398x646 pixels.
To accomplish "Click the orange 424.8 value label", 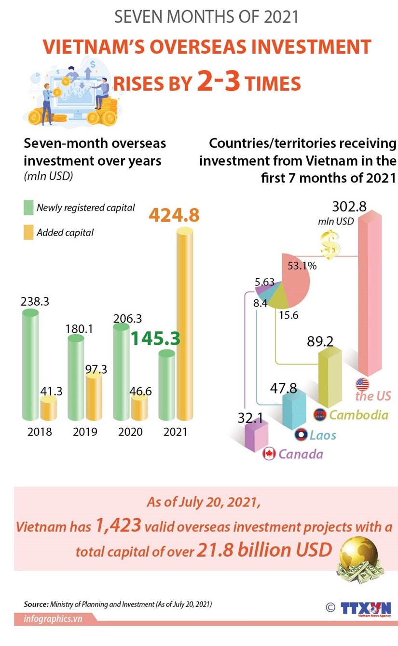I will [174, 215].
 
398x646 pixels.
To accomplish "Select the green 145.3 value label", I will [156, 338].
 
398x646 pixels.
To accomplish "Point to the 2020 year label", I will [130, 431].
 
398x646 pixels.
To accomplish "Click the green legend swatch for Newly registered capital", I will [28, 208].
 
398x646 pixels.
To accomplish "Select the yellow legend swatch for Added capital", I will [28, 233].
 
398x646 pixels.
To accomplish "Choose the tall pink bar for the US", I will [369, 299].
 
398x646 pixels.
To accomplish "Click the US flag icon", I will [362, 384].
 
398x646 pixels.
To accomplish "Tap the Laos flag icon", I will [301, 435].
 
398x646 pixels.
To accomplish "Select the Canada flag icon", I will [269, 454].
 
